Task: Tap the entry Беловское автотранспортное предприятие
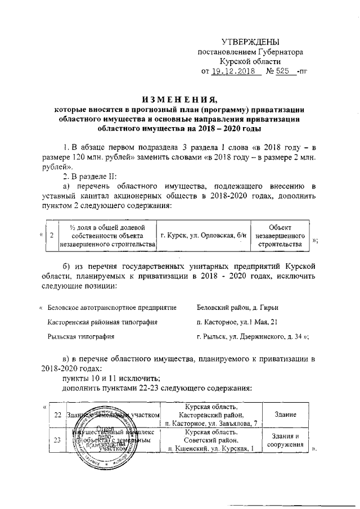click(x=112, y=308)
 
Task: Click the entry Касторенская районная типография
click(x=102, y=322)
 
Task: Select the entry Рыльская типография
click(x=82, y=337)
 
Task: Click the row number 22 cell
click(x=57, y=415)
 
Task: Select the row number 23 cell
click(x=57, y=440)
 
